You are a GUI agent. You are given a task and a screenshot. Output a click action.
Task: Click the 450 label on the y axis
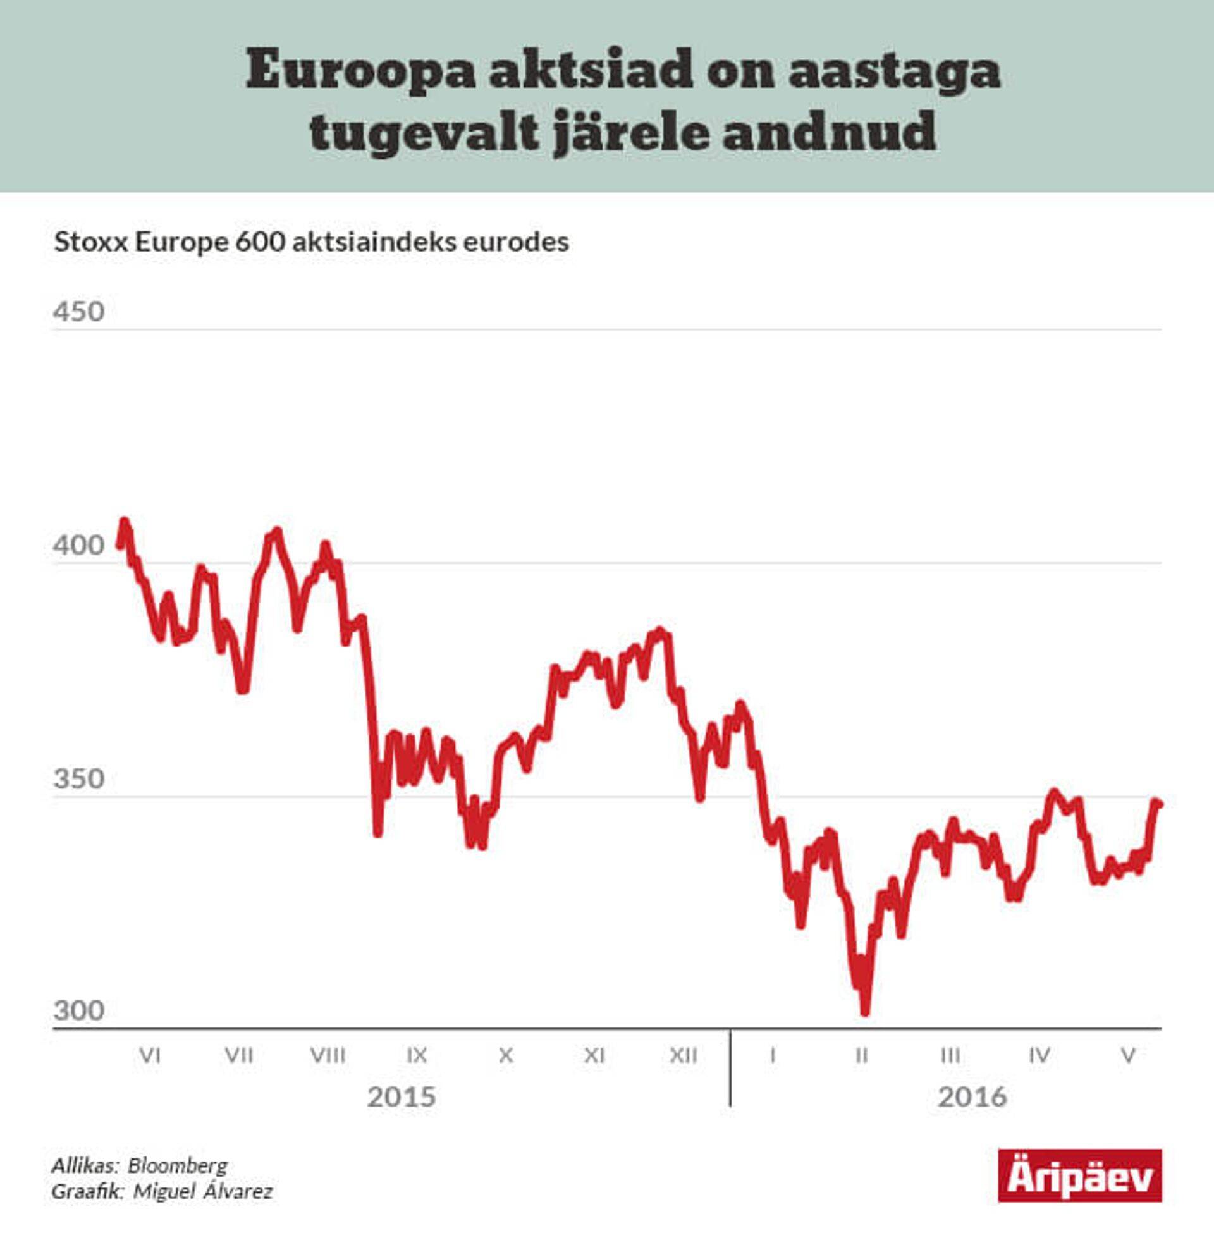coord(79,312)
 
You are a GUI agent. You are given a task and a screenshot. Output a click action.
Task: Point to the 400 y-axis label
coord(79,546)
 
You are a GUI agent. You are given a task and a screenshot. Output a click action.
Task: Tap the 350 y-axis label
coord(79,779)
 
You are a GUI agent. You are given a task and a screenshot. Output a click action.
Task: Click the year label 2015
coord(402,1097)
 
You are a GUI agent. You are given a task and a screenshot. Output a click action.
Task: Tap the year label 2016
coord(972,1097)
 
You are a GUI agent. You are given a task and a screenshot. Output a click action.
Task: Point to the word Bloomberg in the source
coord(177,1165)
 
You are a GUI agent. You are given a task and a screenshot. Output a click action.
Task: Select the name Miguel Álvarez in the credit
coord(203,1191)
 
